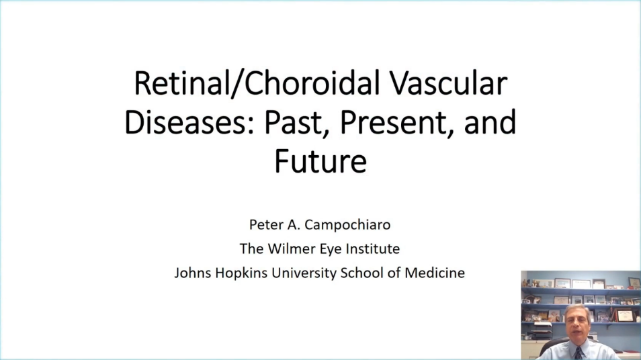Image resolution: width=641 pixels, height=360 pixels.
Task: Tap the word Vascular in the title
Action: point(448,83)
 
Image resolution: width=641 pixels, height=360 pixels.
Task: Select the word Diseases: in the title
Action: point(189,122)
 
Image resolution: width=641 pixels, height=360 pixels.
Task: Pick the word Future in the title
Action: point(320,161)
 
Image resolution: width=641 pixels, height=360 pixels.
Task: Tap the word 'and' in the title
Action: point(490,122)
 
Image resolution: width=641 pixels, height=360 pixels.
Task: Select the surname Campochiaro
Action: point(347,225)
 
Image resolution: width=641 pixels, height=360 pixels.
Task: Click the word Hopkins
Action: point(241,273)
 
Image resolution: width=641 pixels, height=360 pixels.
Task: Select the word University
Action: point(304,273)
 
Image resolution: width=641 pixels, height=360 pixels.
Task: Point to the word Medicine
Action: point(435,273)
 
